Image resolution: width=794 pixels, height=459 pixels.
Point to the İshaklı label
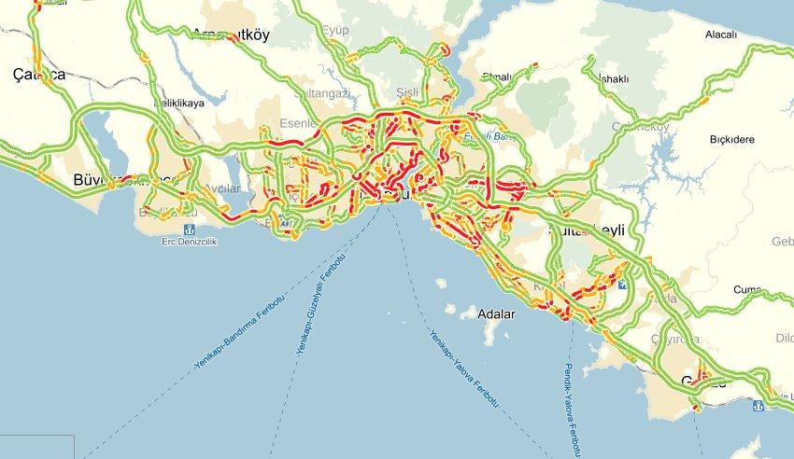pos(610,78)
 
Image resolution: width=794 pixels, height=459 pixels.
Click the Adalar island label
pos(496,313)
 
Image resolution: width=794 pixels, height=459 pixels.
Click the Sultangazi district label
pos(321,94)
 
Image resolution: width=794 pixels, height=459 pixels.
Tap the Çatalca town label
pos(38,75)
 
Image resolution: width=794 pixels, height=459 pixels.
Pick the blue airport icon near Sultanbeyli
pos(624,274)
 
